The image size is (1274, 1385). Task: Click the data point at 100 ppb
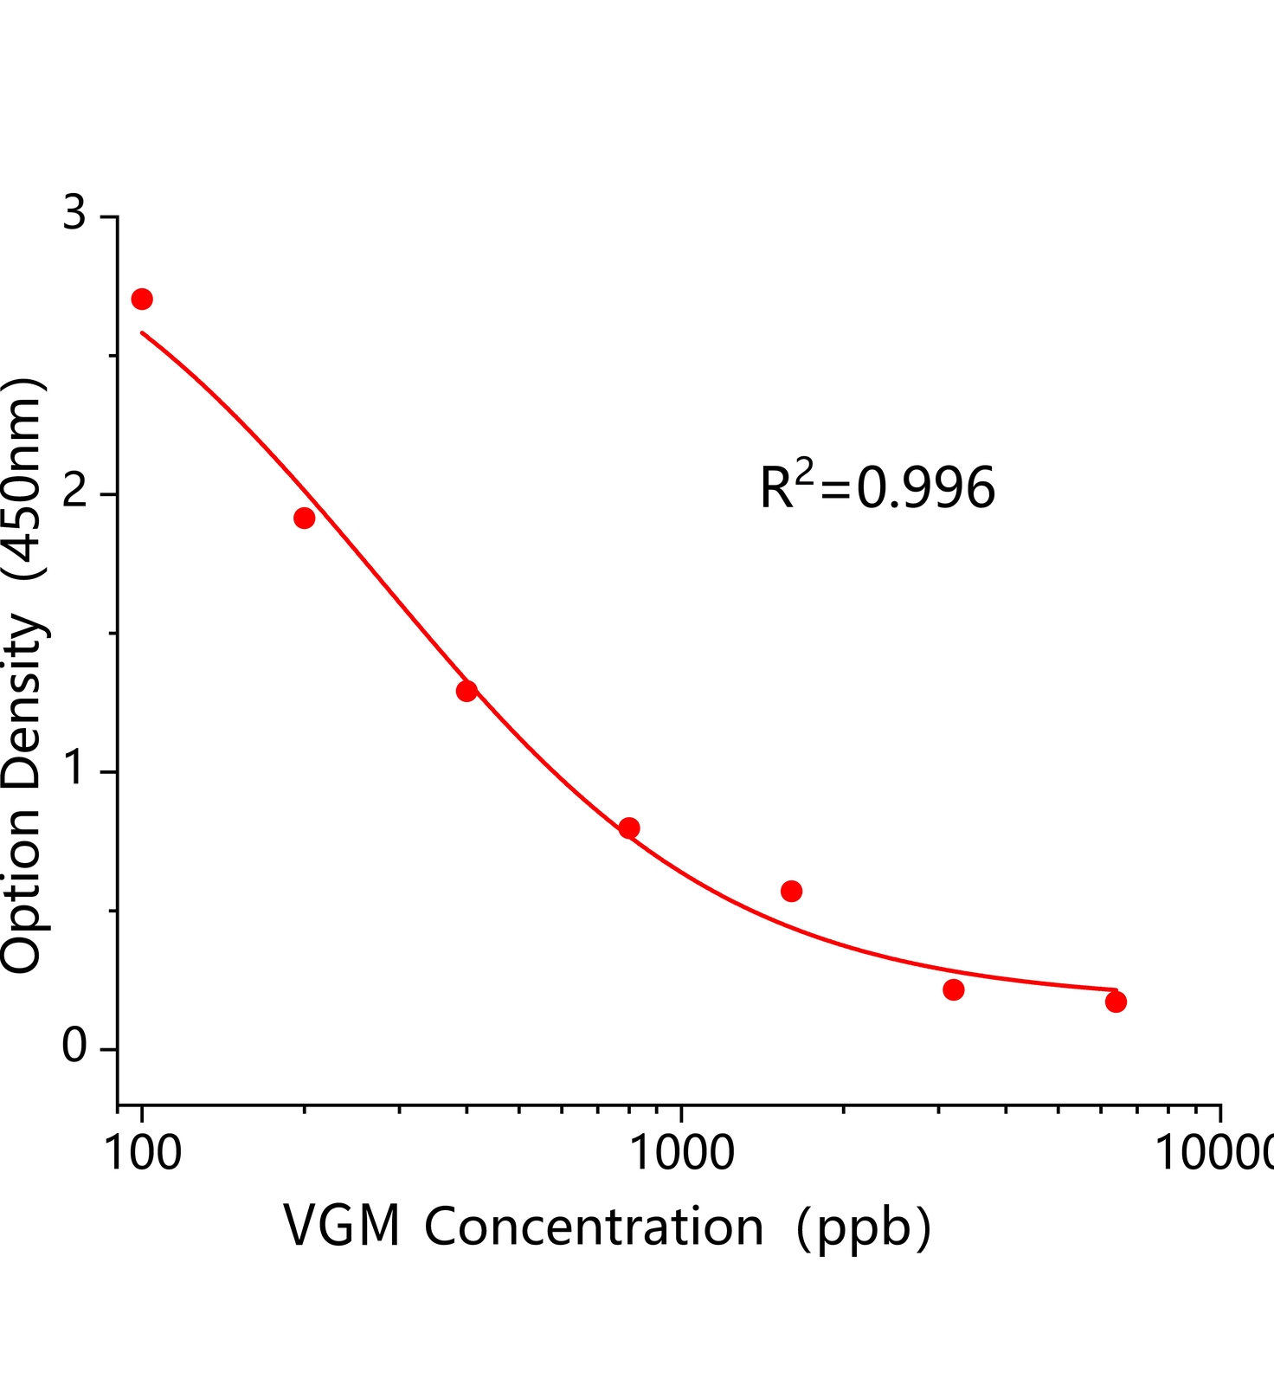[142, 300]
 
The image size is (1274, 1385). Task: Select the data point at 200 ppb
[304, 519]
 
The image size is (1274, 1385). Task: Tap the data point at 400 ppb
[466, 691]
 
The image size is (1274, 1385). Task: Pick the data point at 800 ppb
[629, 828]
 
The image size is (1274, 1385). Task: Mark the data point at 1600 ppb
[791, 891]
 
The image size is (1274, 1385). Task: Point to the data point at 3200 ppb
[954, 989]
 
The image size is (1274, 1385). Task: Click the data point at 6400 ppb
[1116, 1002]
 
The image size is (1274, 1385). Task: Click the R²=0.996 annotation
[877, 486]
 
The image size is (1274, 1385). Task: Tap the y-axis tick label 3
[75, 214]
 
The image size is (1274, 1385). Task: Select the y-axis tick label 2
[75, 493]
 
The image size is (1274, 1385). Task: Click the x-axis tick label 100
[142, 1153]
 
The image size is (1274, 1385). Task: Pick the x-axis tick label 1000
[681, 1153]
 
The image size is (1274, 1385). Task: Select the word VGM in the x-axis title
[342, 1227]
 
